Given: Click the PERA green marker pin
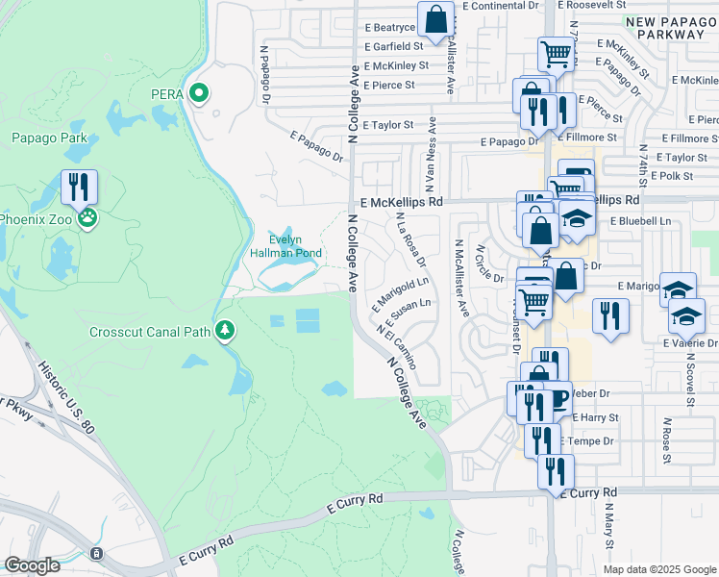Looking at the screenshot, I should [x=199, y=93].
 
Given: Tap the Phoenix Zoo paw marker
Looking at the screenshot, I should [x=87, y=217].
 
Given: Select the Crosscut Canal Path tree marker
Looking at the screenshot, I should [x=225, y=332].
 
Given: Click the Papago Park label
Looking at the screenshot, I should [x=49, y=138].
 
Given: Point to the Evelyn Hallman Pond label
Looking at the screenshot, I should [x=298, y=246].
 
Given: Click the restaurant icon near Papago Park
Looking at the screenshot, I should [x=79, y=187].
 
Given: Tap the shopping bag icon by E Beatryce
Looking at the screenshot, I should [x=435, y=18].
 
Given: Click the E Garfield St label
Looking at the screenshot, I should [x=393, y=46].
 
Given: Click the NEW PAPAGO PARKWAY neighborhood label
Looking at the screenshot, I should [x=664, y=28].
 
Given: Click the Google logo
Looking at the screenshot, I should [x=32, y=565].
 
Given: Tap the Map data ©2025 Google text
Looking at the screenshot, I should [x=659, y=569].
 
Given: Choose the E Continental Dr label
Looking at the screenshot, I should [x=500, y=6].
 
